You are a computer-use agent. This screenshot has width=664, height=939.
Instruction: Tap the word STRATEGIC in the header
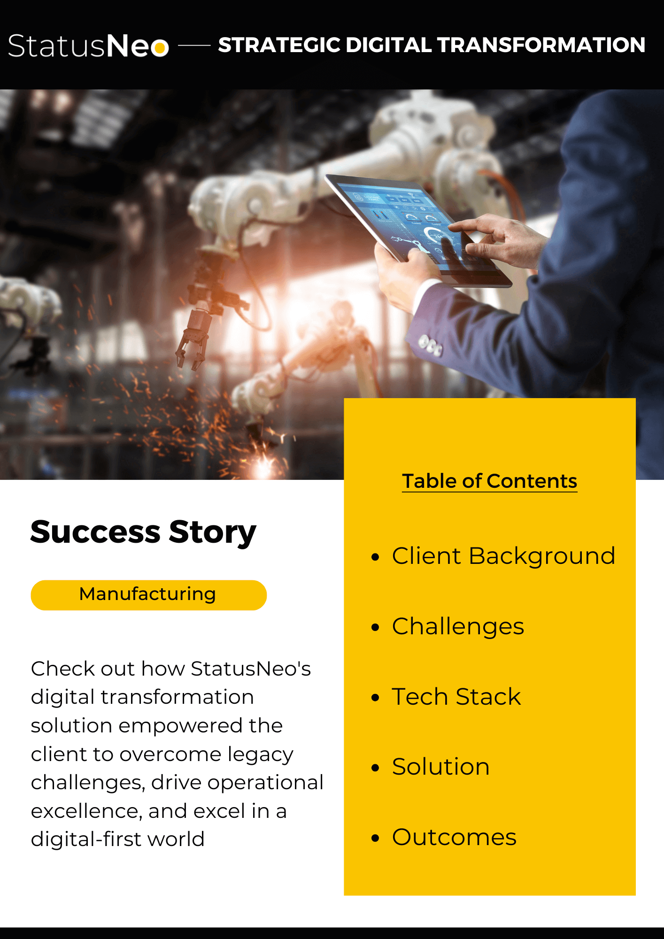tap(279, 45)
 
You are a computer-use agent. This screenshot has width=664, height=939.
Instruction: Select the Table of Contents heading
tap(489, 481)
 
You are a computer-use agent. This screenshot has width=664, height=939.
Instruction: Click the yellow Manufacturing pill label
tap(148, 595)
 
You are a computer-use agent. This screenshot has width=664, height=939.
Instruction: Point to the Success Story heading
tap(143, 532)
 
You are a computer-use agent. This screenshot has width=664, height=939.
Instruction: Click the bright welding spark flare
tap(264, 465)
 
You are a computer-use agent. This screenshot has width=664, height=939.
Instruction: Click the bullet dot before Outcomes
tap(375, 838)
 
